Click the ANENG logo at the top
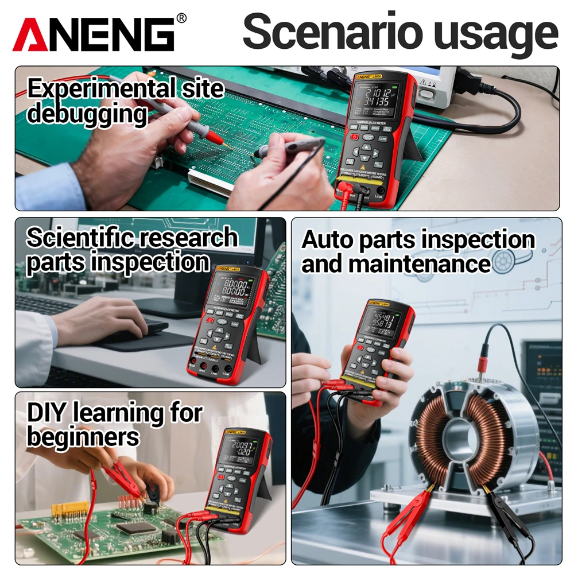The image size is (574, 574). pyautogui.click(x=95, y=34)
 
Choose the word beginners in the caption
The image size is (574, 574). pyautogui.click(x=83, y=437)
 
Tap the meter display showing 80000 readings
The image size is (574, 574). pyautogui.click(x=233, y=288)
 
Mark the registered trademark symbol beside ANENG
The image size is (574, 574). pyautogui.click(x=181, y=18)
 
